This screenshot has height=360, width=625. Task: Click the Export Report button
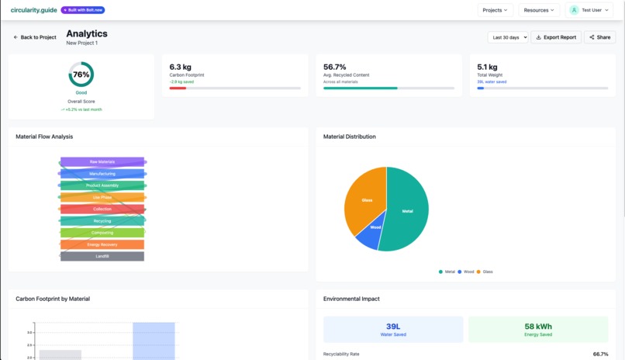(556, 37)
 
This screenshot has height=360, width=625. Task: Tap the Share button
(599, 37)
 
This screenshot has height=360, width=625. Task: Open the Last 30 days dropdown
(508, 37)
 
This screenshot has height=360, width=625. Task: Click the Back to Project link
(35, 37)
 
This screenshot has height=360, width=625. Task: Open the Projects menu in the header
(495, 10)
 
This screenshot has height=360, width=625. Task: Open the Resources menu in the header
(539, 10)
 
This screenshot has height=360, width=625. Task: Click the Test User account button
(589, 10)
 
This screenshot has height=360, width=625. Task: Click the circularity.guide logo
(34, 10)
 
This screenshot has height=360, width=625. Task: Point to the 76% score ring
(81, 74)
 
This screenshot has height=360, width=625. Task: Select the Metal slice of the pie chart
(407, 209)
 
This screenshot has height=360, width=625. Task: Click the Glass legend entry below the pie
(485, 272)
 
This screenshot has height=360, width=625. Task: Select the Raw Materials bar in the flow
(102, 162)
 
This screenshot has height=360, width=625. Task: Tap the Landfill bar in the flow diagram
(102, 256)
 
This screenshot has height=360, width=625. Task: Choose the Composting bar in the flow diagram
(102, 233)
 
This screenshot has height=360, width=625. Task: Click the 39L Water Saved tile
(393, 329)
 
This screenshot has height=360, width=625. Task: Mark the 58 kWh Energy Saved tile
(538, 329)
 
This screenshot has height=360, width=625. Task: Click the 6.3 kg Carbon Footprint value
(181, 67)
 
